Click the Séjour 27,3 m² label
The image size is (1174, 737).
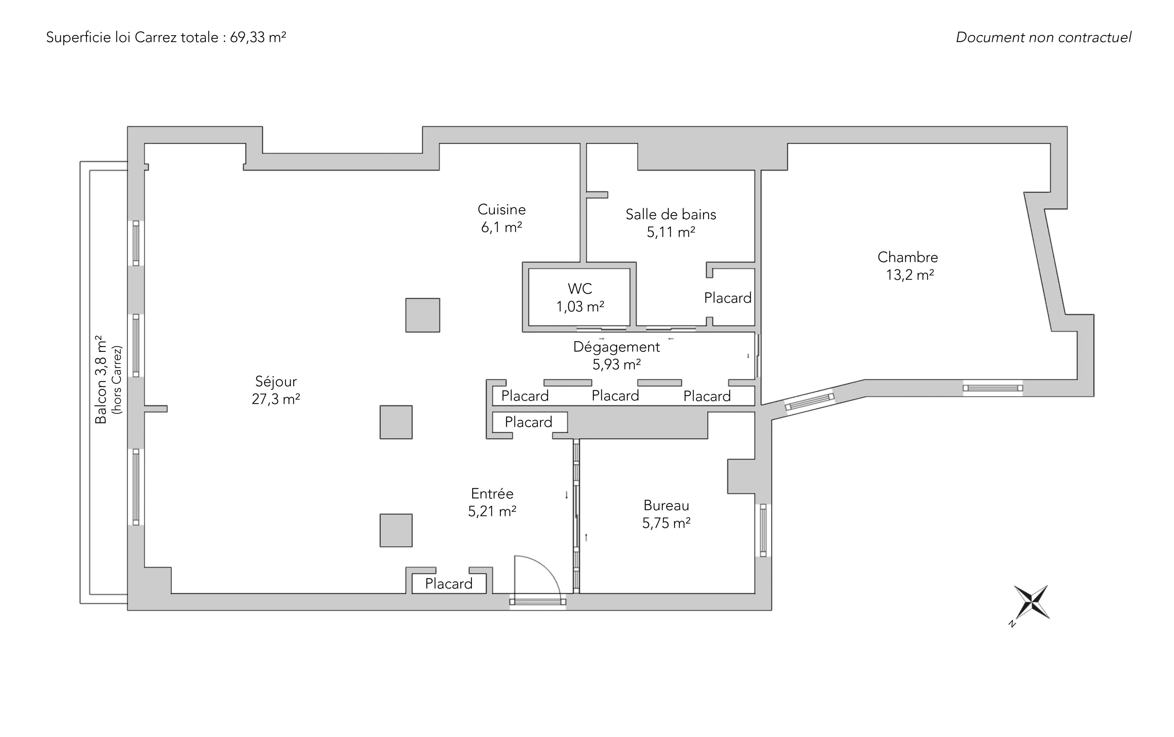[276, 390]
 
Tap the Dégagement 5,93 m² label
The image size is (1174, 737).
[617, 355]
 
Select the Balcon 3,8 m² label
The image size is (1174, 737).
[100, 379]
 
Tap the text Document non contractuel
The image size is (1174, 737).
[1043, 38]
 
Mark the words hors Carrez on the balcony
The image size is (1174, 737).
[117, 380]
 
